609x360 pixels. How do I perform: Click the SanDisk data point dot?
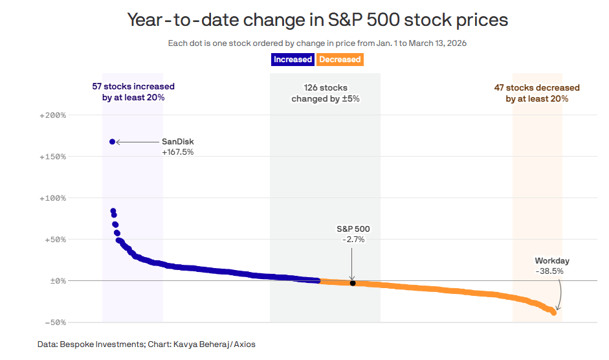point(112,142)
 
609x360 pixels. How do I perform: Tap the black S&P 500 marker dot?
point(353,283)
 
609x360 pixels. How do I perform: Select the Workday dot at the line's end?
point(553,312)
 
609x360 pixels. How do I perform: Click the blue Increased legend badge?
point(293,60)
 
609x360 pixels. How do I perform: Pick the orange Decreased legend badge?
point(340,60)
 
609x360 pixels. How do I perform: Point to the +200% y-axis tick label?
point(53,115)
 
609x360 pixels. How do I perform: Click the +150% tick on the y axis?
point(53,157)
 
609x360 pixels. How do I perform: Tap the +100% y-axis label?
point(53,198)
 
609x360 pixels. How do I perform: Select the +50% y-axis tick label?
point(55,240)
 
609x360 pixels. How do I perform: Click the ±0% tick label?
point(58,281)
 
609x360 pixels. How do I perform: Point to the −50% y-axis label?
point(55,322)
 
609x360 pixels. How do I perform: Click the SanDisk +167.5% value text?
point(177,152)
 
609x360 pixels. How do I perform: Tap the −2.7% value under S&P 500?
point(353,240)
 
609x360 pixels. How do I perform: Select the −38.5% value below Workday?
point(549,271)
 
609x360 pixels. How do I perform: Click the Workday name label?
point(552,261)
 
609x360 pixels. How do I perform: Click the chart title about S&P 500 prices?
point(318,20)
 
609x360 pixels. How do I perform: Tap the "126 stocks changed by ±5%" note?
point(326,93)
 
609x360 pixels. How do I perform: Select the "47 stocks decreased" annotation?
point(537,93)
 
